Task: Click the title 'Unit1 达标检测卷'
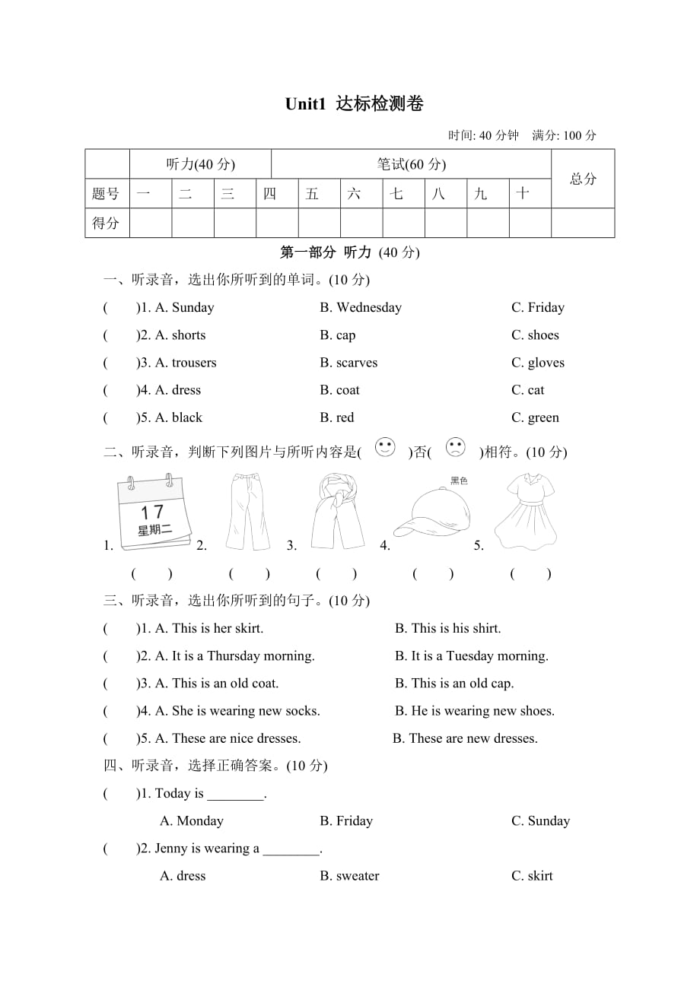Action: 353,103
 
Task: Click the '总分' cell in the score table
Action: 583,179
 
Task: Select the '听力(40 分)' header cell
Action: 200,164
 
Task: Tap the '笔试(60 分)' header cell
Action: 411,164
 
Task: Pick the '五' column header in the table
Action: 312,194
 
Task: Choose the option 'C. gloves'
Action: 538,363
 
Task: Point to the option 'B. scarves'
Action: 348,363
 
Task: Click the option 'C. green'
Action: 535,417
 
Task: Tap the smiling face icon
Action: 386,448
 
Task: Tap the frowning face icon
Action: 455,448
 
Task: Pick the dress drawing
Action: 527,511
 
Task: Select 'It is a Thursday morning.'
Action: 234,655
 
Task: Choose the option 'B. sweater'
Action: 349,876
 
